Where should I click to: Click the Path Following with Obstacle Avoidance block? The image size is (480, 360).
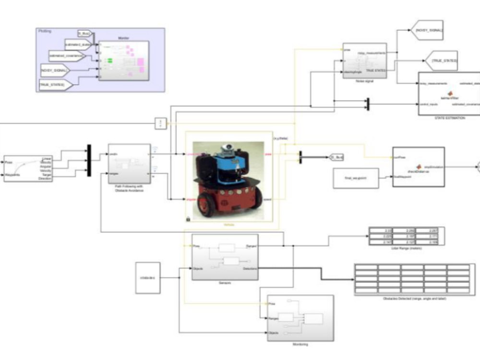pyautogui.click(x=129, y=163)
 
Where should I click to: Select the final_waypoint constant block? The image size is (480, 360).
pyautogui.click(x=356, y=178)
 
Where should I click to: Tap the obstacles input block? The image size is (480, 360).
pyautogui.click(x=147, y=277)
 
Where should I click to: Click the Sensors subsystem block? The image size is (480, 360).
pyautogui.click(x=225, y=257)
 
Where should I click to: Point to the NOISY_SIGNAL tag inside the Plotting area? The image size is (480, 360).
pyautogui.click(x=55, y=70)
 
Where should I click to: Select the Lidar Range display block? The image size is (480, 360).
pyautogui.click(x=406, y=236)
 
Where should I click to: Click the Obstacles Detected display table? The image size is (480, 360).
pyautogui.click(x=412, y=279)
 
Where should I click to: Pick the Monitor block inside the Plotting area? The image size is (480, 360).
pyautogui.click(x=123, y=60)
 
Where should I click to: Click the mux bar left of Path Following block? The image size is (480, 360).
pyautogui.click(x=89, y=161)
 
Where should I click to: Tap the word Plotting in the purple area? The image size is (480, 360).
pyautogui.click(x=45, y=31)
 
